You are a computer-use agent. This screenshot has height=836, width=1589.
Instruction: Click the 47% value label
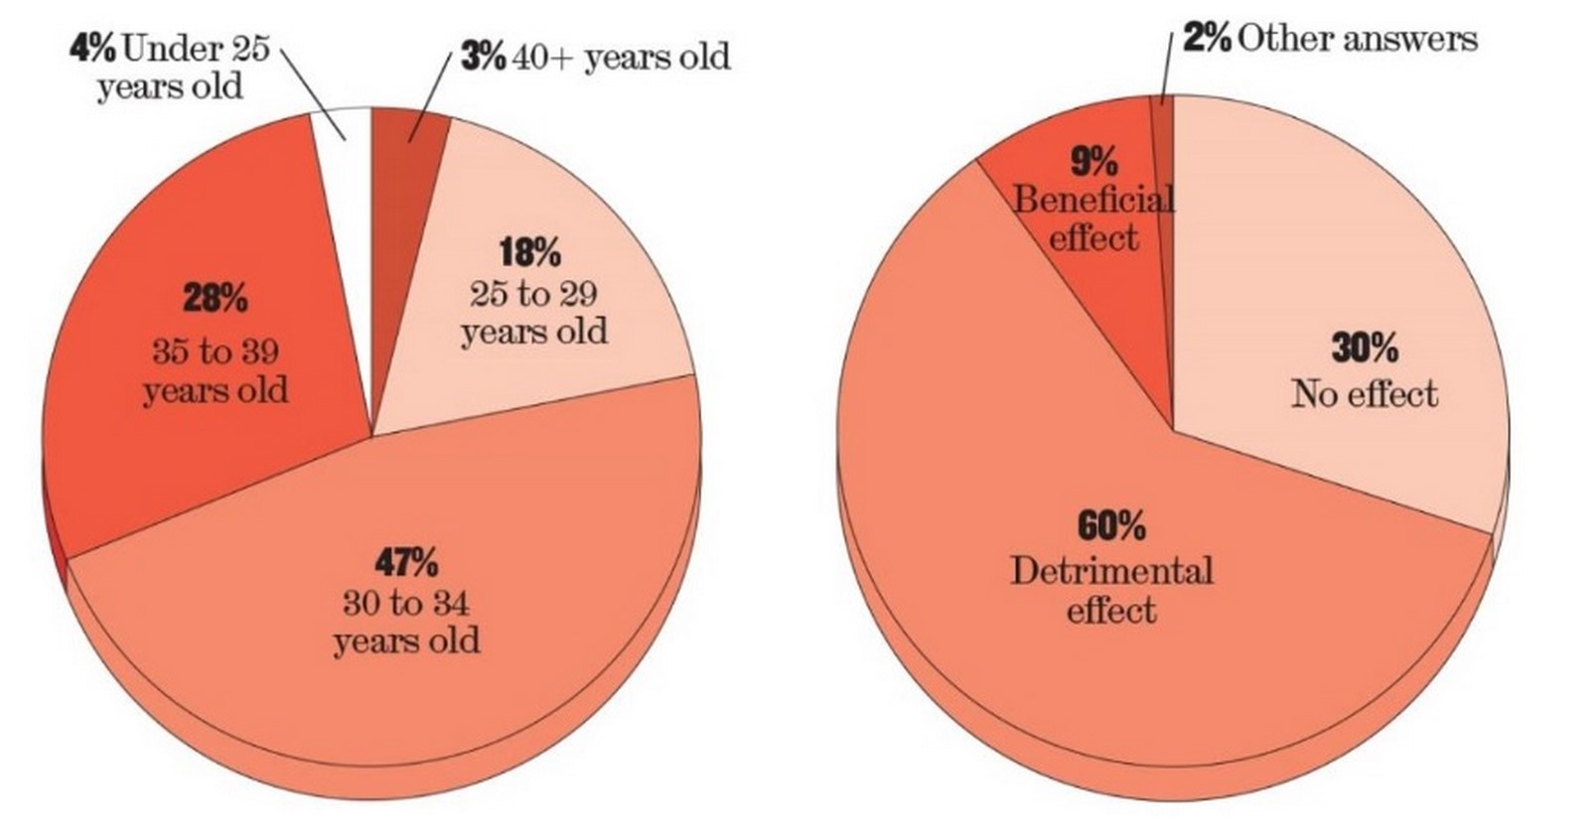(x=406, y=564)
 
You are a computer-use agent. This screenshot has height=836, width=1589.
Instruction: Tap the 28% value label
(x=216, y=299)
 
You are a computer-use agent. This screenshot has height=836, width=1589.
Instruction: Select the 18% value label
(x=530, y=253)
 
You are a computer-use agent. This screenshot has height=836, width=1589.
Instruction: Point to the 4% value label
(x=93, y=49)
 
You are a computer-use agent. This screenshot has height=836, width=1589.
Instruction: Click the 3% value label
(x=483, y=56)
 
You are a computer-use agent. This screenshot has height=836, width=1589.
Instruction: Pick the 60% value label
(x=1111, y=526)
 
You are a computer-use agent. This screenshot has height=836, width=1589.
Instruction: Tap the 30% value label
(x=1365, y=348)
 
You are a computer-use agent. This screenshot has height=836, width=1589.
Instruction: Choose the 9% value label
(x=1094, y=163)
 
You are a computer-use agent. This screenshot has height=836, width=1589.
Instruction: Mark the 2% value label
(x=1207, y=39)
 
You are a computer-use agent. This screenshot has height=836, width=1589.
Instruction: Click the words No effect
(x=1365, y=394)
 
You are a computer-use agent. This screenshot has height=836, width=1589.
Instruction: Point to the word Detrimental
(x=1111, y=572)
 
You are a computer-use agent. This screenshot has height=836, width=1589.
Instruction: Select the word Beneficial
(x=1093, y=200)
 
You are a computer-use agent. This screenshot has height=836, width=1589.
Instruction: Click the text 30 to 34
(x=406, y=604)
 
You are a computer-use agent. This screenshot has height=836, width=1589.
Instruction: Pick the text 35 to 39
(x=216, y=351)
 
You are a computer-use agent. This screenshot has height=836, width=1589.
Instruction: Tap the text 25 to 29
(x=532, y=294)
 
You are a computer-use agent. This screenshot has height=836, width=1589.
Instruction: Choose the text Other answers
(x=1358, y=39)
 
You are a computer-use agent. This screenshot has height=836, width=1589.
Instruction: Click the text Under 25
(x=196, y=49)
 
